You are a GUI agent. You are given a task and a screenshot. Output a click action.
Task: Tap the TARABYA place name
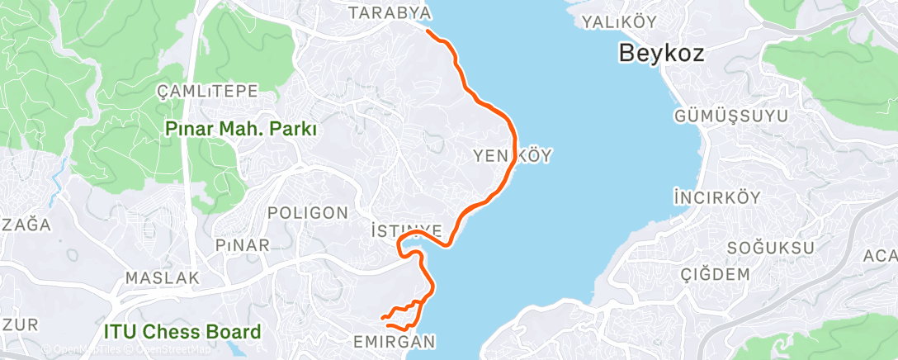click(390, 13)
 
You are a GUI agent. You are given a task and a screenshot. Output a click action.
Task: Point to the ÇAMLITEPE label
click(208, 92)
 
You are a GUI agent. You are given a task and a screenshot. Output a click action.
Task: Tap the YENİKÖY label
click(513, 155)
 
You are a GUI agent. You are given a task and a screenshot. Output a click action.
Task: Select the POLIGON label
click(309, 213)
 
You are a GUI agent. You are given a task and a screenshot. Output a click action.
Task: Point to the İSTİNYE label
click(409, 230)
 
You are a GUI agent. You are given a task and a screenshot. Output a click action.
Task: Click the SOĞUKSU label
click(771, 248)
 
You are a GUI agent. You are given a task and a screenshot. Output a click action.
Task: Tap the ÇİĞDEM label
click(715, 274)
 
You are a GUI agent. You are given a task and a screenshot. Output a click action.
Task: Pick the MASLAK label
click(163, 278)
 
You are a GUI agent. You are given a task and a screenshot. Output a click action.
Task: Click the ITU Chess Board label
click(182, 333)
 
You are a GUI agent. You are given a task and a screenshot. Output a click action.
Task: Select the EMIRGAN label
click(393, 341)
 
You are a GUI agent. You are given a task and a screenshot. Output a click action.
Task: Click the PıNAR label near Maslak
click(242, 245)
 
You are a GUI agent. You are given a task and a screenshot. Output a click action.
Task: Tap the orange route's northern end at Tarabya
click(428, 31)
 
